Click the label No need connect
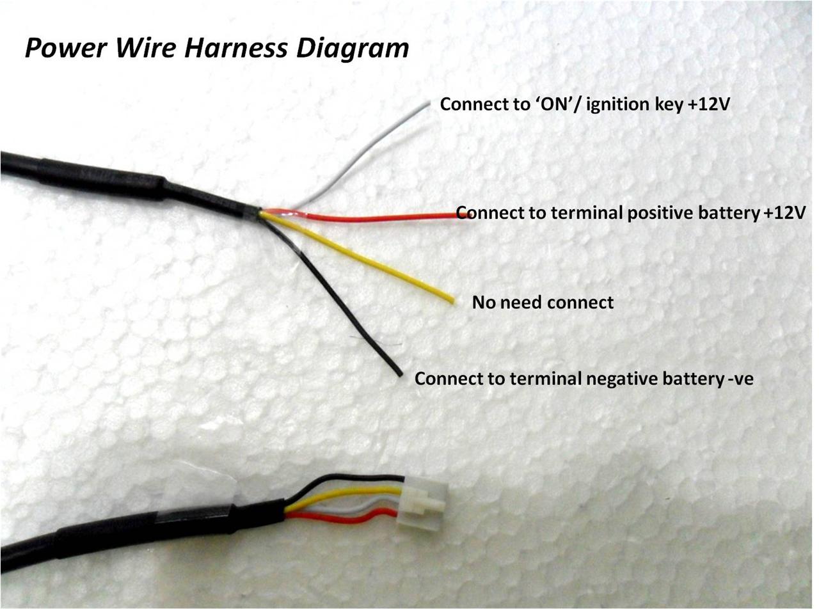pos(543,302)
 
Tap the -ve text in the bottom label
pos(741,379)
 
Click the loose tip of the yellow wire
pos(452,299)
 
